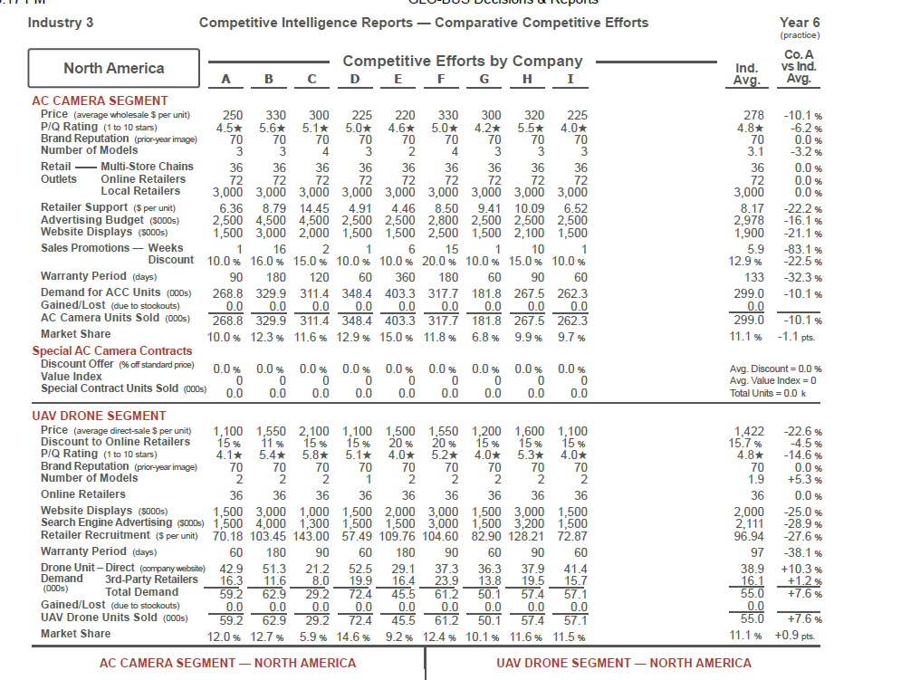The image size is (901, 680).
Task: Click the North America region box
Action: click(113, 68)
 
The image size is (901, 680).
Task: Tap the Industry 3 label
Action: click(61, 22)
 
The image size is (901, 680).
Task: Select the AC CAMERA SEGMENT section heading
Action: click(100, 101)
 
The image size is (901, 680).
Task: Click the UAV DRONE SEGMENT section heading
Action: click(100, 416)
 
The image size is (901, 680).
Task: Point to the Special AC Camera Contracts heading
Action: click(112, 350)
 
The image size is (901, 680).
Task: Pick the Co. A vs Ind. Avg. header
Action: click(798, 68)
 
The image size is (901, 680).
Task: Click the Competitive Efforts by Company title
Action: click(462, 61)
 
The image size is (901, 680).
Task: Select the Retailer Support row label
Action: click(86, 207)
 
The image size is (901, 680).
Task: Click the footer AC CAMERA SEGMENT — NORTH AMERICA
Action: click(227, 663)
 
